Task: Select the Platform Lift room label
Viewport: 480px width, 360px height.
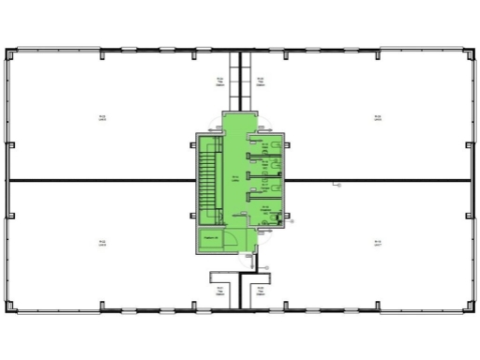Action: pyautogui.click(x=211, y=238)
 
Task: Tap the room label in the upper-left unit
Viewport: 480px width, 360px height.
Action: pyautogui.click(x=102, y=118)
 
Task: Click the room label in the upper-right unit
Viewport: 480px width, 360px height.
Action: pyautogui.click(x=377, y=118)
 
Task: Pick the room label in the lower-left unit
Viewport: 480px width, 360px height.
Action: pyautogui.click(x=102, y=242)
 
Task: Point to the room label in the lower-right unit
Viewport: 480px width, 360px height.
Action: pyautogui.click(x=377, y=242)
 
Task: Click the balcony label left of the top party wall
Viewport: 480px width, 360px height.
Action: pyautogui.click(x=220, y=82)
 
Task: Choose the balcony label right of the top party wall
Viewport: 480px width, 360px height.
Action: pyautogui.click(x=260, y=82)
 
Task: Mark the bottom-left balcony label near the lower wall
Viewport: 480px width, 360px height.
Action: pyautogui.click(x=220, y=285)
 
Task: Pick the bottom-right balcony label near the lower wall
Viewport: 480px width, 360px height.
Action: pyautogui.click(x=260, y=285)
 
